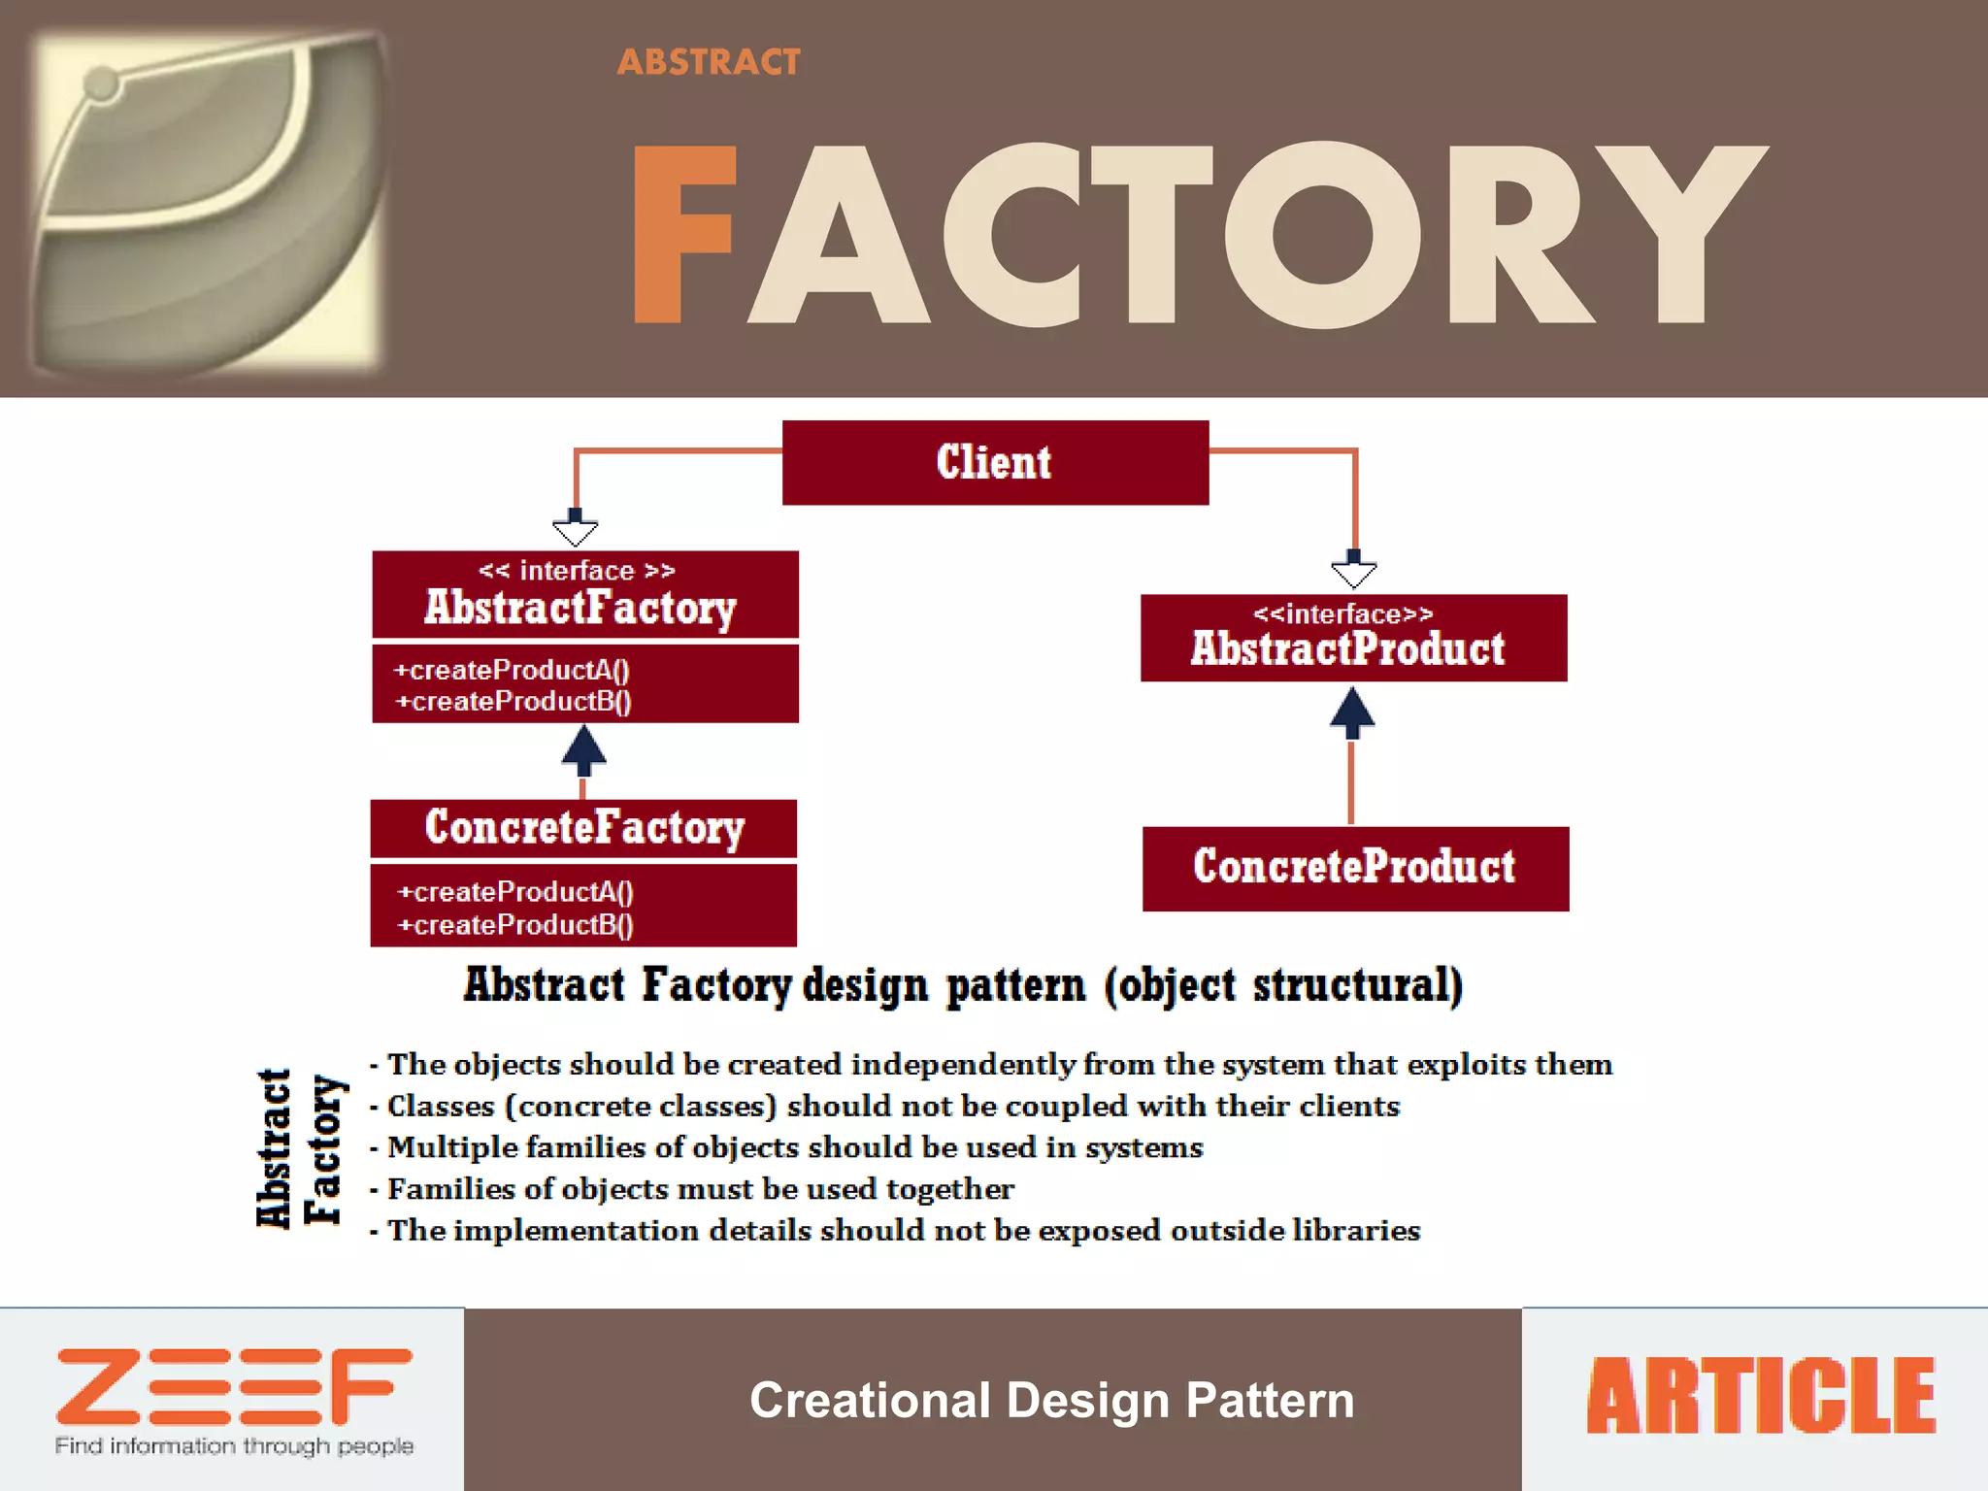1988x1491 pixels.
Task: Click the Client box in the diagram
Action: (995, 462)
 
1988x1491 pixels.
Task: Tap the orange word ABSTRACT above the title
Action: (709, 62)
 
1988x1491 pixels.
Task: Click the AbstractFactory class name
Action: (580, 608)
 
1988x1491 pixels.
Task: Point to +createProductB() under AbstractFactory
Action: (514, 701)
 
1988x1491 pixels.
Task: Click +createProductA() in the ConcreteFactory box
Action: (515, 891)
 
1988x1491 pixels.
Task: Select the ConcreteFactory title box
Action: (583, 828)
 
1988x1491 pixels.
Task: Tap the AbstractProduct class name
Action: (1347, 648)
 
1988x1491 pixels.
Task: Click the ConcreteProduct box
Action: (1354, 867)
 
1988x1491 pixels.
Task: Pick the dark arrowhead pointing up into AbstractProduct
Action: (1351, 711)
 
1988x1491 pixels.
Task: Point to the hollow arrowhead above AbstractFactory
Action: (576, 531)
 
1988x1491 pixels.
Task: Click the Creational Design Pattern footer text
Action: (1051, 1400)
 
